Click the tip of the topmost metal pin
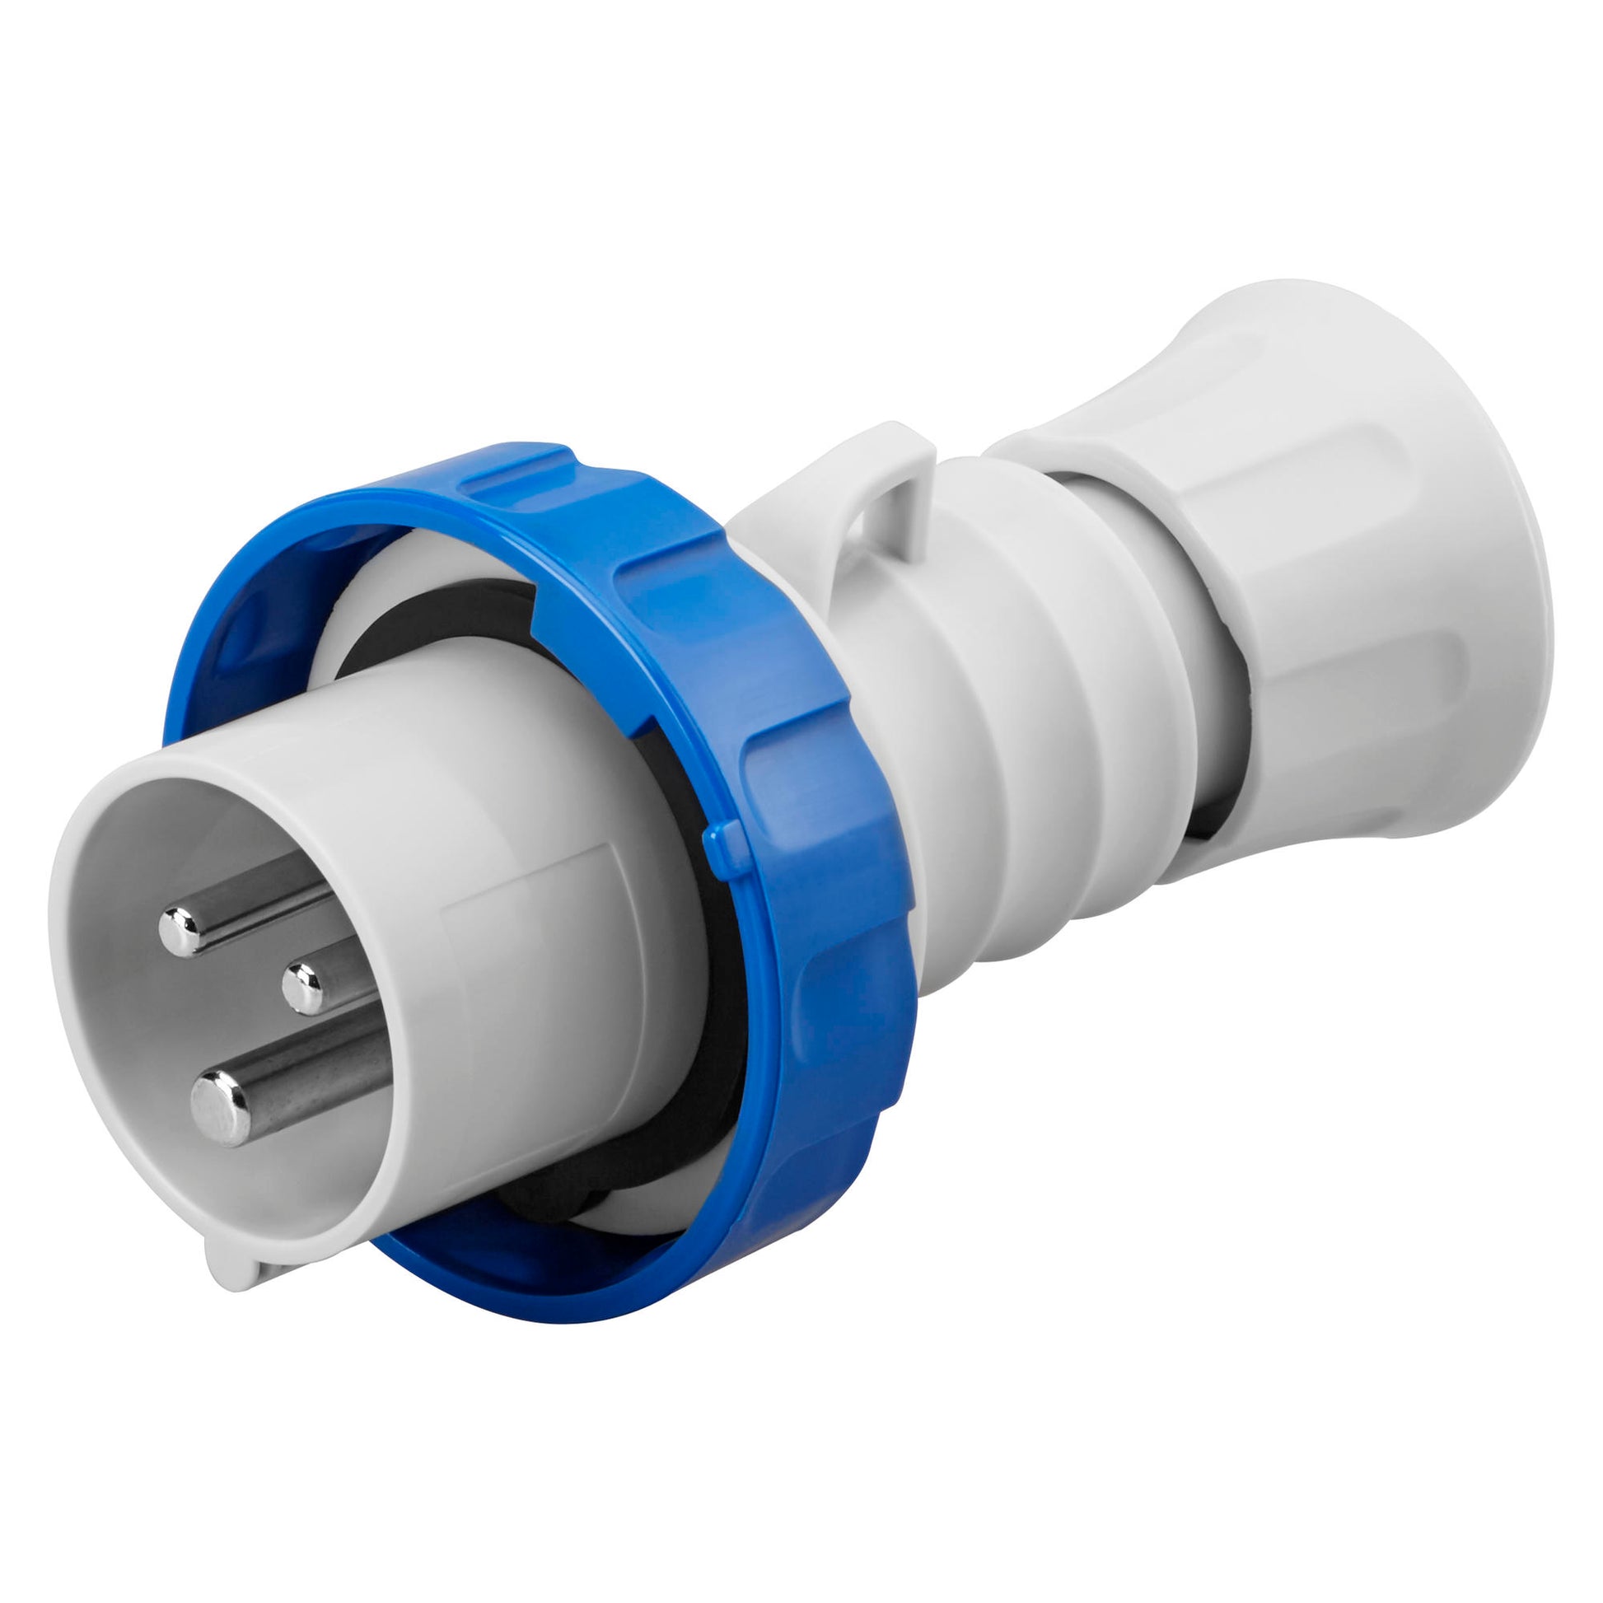pos(183,929)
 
